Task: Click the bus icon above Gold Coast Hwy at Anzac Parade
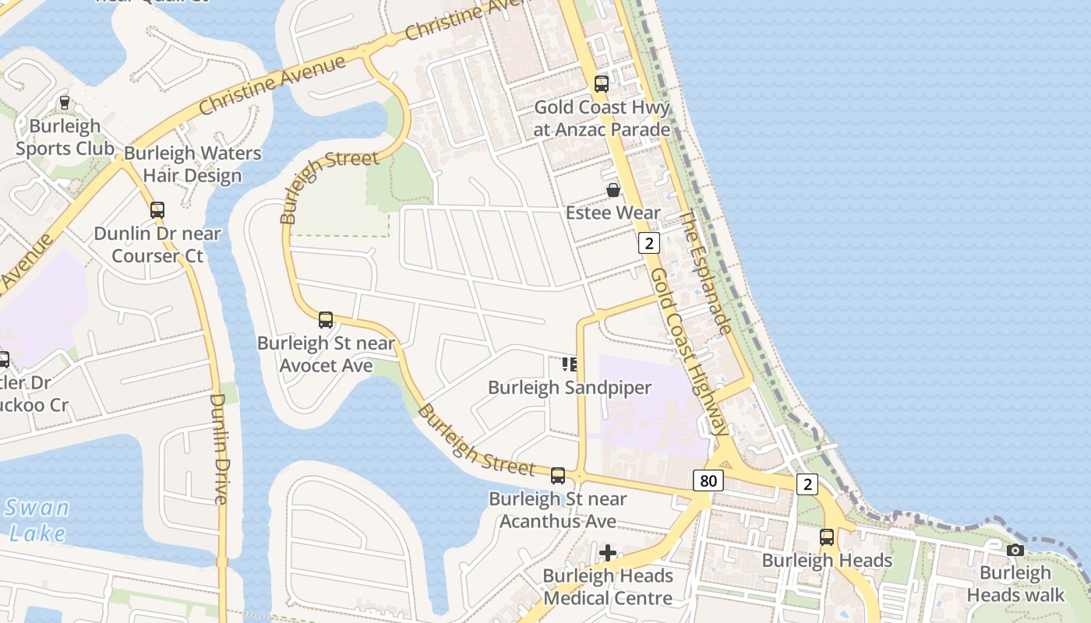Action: tap(601, 84)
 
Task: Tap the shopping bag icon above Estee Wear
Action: tap(613, 190)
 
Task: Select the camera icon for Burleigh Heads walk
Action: tap(1015, 551)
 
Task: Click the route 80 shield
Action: tap(708, 480)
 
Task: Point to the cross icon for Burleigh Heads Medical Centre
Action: tap(608, 553)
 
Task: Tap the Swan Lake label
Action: tap(37, 521)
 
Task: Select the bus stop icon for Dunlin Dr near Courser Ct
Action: tap(157, 209)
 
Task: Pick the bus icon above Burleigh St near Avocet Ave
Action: tap(326, 319)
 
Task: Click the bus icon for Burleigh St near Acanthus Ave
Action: tap(558, 476)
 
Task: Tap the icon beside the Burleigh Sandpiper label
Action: tap(570, 364)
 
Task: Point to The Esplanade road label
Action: tap(706, 272)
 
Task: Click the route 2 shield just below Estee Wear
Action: tap(648, 243)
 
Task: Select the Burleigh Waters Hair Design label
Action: tap(192, 164)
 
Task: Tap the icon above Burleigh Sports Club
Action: tap(65, 103)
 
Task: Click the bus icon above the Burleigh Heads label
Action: tap(826, 537)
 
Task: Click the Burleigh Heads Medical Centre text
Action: tap(608, 587)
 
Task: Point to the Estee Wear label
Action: tap(613, 213)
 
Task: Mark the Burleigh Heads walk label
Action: tap(1015, 584)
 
